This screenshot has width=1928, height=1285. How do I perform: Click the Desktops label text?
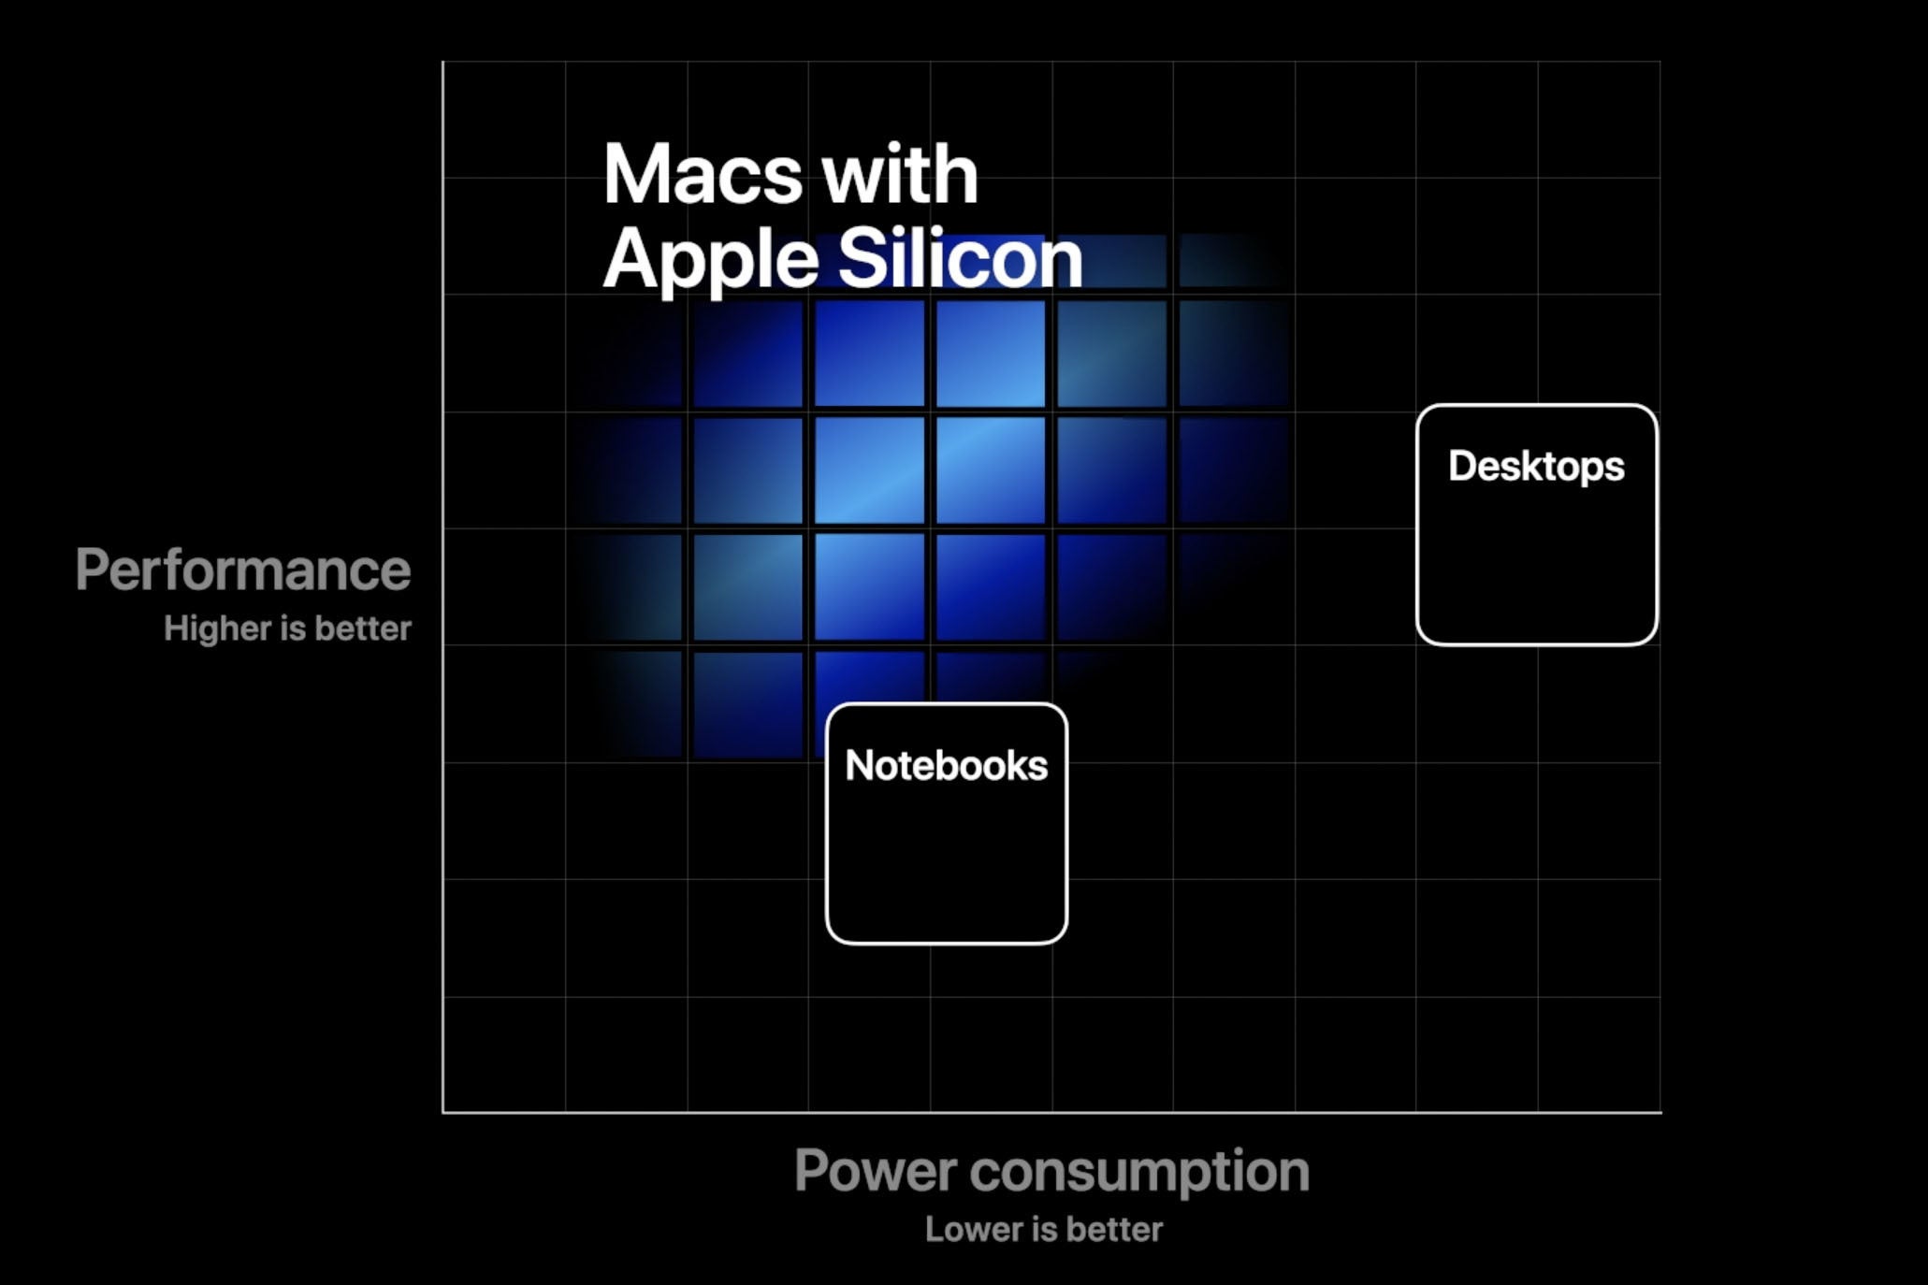click(x=1536, y=466)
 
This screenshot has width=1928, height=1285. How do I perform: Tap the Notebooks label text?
click(x=946, y=765)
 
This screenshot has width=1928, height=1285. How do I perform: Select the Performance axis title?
click(x=243, y=570)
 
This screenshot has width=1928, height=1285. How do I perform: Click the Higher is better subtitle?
click(x=287, y=628)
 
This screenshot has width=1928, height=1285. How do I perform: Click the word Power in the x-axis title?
click(x=875, y=1170)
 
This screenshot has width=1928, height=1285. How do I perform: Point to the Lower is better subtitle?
click(x=1043, y=1229)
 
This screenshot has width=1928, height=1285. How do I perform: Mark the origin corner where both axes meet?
click(x=443, y=1112)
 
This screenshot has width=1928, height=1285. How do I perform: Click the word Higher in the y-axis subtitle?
click(x=217, y=628)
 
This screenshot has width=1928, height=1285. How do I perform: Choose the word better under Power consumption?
click(x=1113, y=1229)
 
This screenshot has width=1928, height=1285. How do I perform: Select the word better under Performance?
click(x=363, y=628)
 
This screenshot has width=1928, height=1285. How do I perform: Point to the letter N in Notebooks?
click(x=859, y=765)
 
